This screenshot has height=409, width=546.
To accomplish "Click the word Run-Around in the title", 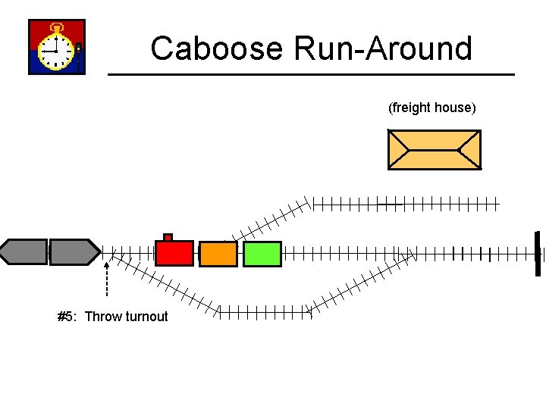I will [x=383, y=48].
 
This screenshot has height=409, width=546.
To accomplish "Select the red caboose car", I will [x=174, y=253].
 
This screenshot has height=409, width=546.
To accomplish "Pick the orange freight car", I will [x=218, y=254].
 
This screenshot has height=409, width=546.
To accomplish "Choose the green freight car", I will [x=262, y=254].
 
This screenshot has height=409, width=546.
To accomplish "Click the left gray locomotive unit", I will [x=24, y=251].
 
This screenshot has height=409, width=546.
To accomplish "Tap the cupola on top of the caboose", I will [x=168, y=237].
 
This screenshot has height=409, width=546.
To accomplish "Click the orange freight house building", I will [x=434, y=149].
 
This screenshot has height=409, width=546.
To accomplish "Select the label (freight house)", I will [x=431, y=108].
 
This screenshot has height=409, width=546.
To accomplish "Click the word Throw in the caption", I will [x=101, y=317].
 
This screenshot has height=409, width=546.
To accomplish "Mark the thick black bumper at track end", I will [x=537, y=252].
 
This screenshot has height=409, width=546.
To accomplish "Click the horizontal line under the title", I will [x=311, y=74].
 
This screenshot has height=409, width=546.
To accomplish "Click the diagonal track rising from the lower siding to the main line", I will [x=360, y=282].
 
